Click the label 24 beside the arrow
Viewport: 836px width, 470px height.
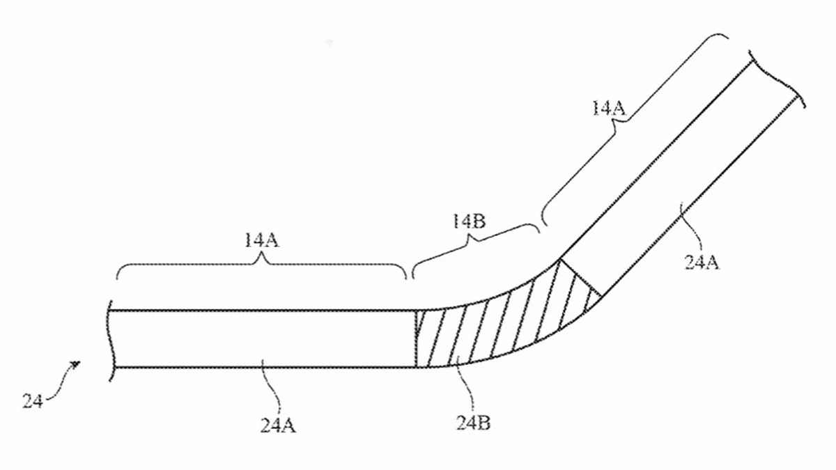point(33,401)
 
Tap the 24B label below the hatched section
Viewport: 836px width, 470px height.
point(473,423)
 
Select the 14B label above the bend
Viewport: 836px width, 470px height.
point(469,221)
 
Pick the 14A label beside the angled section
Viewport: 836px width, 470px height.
point(609,108)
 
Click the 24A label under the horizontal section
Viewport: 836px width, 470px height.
point(278,425)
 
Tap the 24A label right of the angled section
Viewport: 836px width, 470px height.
point(702,263)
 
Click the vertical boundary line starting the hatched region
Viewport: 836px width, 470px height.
point(416,338)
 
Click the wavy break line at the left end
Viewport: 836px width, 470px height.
point(111,341)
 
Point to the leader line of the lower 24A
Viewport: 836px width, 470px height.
point(273,386)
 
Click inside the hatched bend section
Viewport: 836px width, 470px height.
point(496,328)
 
